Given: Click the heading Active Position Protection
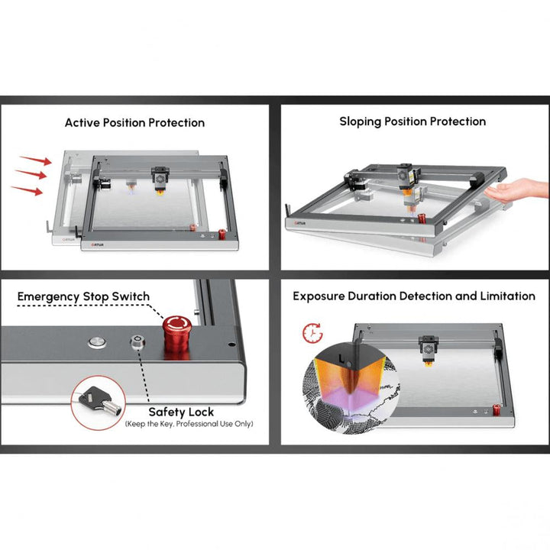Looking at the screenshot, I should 134,122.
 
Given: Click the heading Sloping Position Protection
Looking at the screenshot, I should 412,121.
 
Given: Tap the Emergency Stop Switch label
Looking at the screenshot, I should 83,296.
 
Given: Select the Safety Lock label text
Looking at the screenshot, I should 181,412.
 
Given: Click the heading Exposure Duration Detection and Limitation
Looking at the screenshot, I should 414,296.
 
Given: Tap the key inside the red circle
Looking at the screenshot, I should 99,398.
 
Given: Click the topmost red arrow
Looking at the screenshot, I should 35,160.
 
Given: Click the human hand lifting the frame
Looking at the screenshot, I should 518,189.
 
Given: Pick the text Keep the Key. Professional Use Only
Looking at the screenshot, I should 189,424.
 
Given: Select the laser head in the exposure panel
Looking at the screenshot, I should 427,350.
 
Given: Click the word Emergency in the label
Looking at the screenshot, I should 51,296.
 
